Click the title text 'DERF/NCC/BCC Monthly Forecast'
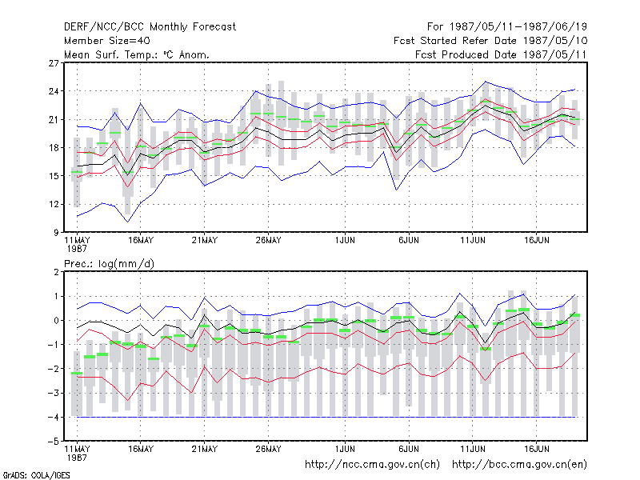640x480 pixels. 150,27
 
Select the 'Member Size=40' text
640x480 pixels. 107,41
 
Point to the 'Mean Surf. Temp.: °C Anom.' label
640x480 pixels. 137,54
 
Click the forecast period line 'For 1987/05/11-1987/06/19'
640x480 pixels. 507,27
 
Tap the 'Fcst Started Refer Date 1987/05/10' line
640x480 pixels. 490,41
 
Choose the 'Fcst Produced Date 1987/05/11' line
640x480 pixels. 501,54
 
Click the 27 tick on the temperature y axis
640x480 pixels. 54,63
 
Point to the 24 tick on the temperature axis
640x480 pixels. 54,91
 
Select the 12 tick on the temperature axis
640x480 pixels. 54,205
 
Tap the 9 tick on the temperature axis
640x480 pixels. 56,233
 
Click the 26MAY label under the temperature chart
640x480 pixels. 268,241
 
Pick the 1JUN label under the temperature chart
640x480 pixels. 345,241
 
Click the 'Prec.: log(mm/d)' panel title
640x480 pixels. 109,264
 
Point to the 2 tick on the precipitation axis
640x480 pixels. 56,272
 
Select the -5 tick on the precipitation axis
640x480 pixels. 54,442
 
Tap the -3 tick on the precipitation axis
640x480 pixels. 54,394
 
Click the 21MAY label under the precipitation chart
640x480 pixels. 205,450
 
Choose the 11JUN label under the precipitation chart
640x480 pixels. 473,450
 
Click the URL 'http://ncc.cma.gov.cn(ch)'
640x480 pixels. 372,465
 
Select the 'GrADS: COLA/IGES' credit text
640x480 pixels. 36,475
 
